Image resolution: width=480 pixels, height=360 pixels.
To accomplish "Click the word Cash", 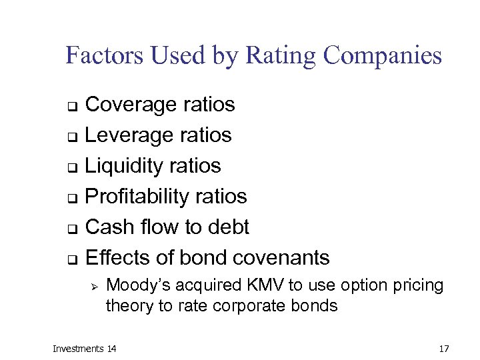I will coord(110,227).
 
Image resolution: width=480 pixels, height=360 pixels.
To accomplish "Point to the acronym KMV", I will coord(268,286).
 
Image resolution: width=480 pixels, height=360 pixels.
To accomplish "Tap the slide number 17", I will coord(445,349).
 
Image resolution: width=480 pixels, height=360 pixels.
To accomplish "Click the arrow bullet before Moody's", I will coord(94,287).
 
